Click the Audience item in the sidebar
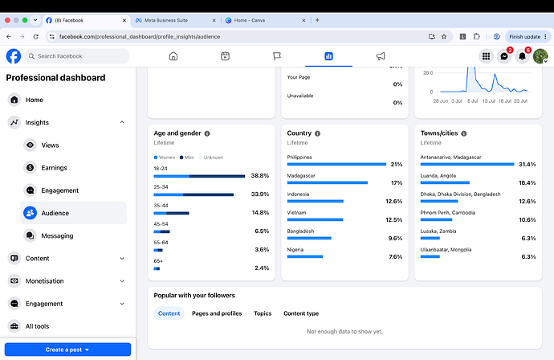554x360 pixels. click(74, 213)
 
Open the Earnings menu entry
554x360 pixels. click(54, 168)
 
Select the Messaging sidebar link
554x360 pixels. click(57, 235)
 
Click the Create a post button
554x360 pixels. click(67, 350)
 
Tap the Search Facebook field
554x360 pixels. click(77, 56)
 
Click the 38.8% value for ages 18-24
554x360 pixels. click(259, 175)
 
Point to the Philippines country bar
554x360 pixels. click(336, 164)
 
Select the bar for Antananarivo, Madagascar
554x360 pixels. click(467, 164)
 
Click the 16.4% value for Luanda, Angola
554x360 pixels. click(528, 183)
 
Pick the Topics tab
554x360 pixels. click(263, 313)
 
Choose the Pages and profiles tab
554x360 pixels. click(217, 313)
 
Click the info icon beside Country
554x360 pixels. click(318, 133)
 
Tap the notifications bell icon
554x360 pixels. click(522, 56)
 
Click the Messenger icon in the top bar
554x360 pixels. click(504, 56)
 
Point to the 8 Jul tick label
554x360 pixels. click(472, 101)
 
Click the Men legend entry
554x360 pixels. click(187, 157)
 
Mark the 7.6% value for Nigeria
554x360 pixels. click(395, 256)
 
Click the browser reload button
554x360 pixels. click(35, 36)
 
